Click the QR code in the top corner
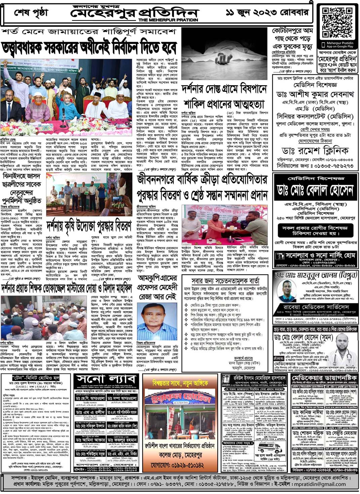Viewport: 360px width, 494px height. [337, 23]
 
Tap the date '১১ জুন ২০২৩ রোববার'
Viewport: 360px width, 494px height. [267, 13]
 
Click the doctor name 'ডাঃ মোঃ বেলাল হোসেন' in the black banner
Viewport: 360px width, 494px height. [315, 190]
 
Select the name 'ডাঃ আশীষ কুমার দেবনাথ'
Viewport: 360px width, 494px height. [315, 94]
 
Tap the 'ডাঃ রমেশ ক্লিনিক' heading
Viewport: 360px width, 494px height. [315, 150]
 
